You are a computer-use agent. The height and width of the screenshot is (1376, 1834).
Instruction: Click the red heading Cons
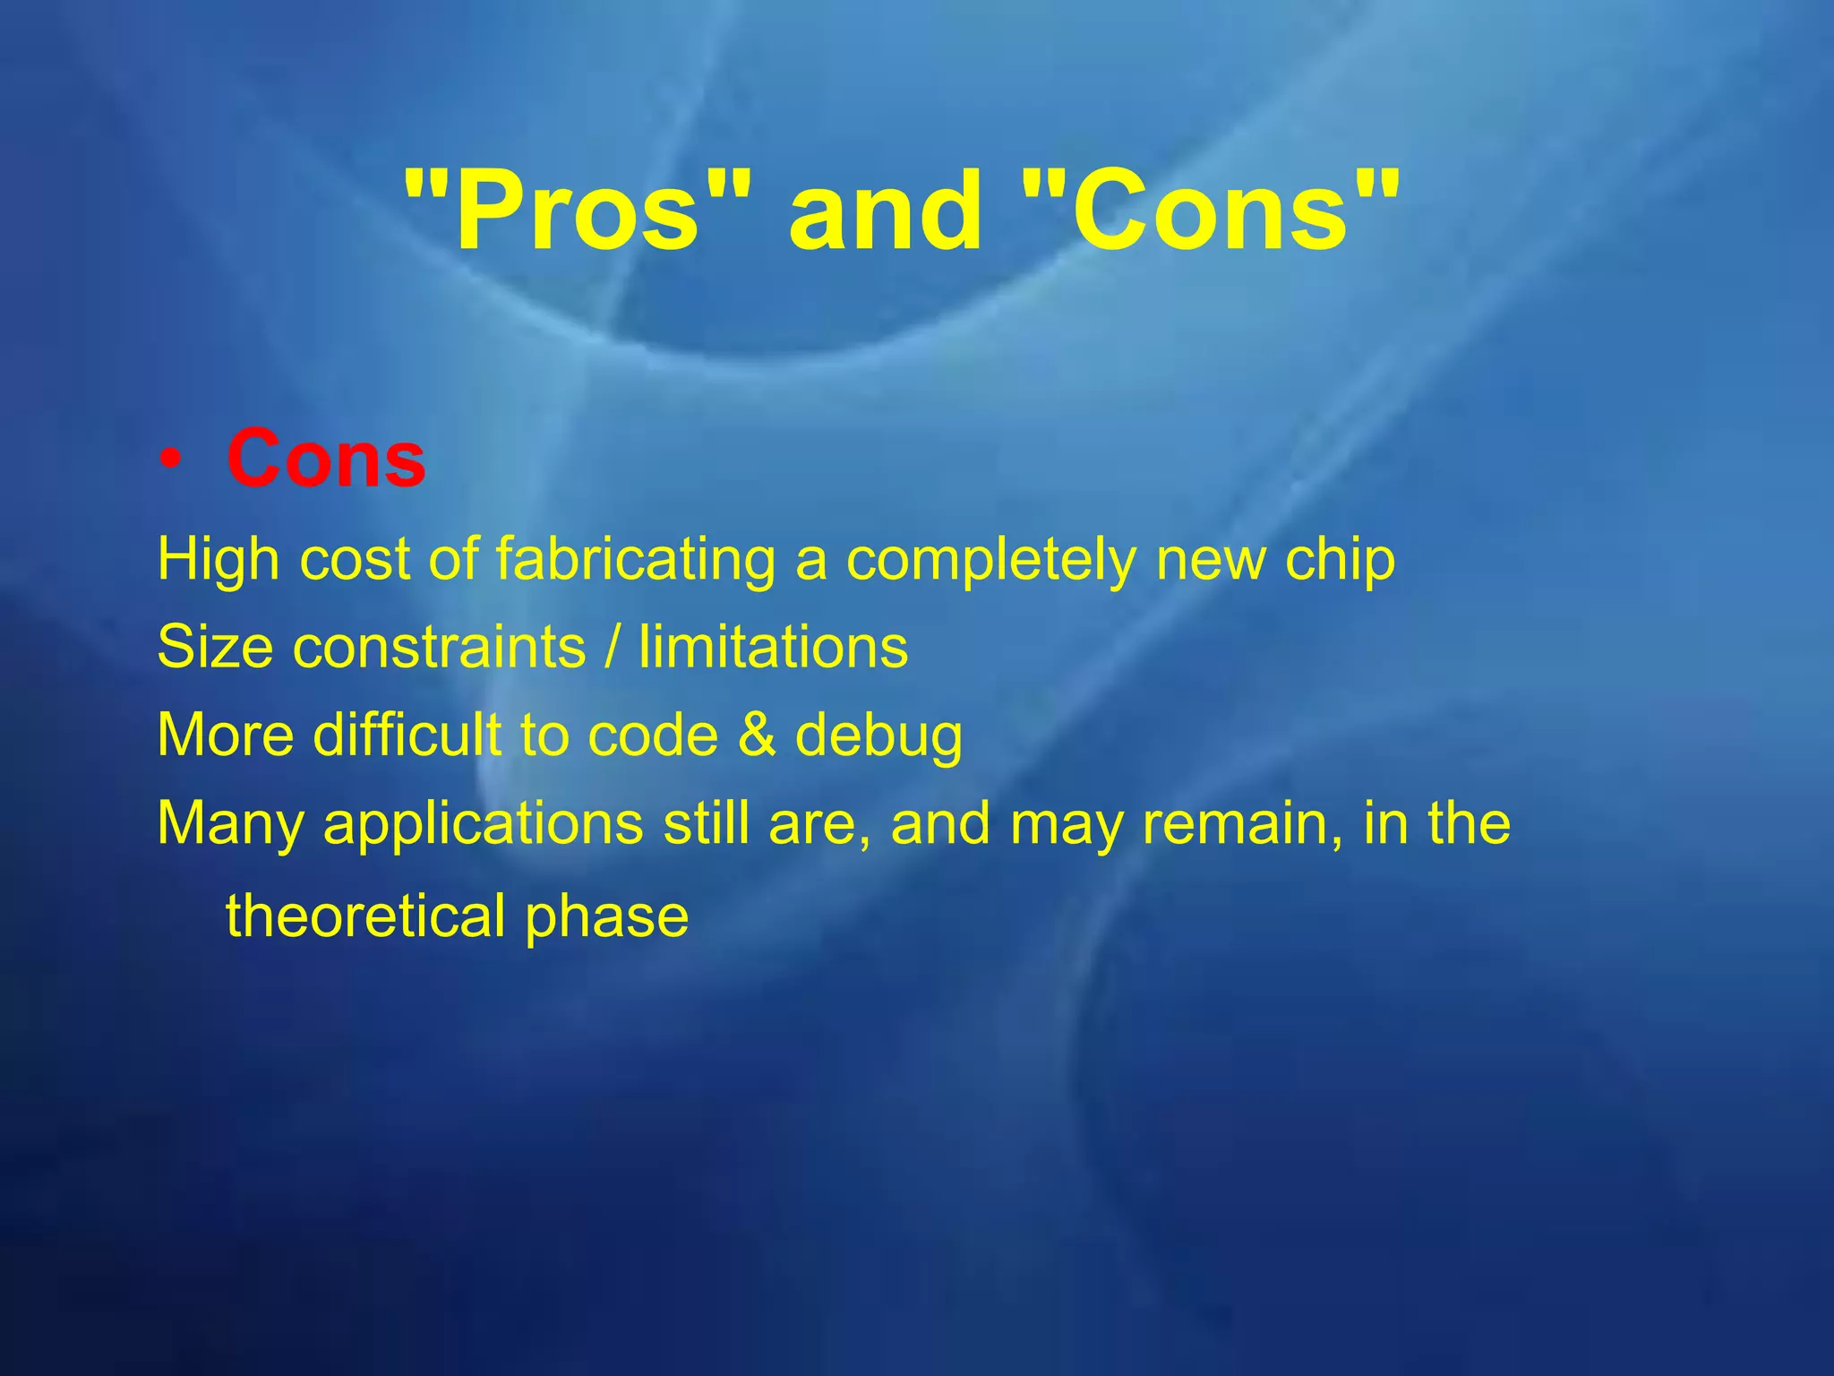(326, 459)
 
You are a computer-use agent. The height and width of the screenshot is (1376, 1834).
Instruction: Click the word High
(219, 559)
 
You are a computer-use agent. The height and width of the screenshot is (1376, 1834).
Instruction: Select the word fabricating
(635, 559)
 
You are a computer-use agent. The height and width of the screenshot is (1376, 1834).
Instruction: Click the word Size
(215, 647)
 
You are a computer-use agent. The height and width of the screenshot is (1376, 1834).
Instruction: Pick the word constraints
(439, 647)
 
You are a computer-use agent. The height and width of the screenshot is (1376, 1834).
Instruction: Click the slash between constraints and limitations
(613, 647)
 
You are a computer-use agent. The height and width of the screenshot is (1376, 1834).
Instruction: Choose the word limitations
(774, 647)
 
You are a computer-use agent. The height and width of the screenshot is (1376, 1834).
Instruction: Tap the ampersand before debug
(757, 735)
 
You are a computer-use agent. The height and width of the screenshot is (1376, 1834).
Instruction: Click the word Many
(230, 824)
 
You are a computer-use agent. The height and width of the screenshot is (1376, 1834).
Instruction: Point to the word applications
(484, 824)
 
